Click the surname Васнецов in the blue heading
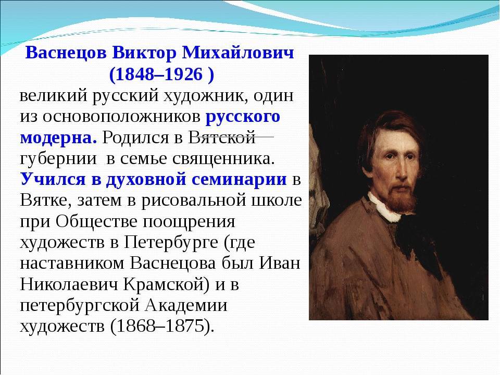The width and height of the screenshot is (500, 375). (66, 53)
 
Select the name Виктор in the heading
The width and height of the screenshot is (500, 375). (144, 53)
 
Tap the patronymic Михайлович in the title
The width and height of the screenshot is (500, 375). (238, 53)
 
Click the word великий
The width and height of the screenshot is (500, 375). (54, 96)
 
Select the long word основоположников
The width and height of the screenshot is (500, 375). (121, 117)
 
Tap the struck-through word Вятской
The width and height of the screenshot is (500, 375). (222, 137)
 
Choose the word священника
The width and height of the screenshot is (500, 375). (223, 159)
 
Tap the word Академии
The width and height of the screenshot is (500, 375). (186, 305)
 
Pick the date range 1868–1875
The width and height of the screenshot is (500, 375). (160, 326)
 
